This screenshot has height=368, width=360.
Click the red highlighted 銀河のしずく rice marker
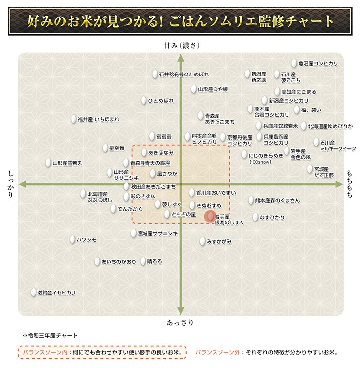point(210,217)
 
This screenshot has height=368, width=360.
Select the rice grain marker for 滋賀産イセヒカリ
point(34,292)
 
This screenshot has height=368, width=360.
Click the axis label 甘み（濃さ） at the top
point(181,45)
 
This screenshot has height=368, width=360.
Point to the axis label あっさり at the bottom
point(181,323)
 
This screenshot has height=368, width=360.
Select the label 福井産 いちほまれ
point(98,119)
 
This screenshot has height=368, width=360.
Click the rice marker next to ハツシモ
point(72,239)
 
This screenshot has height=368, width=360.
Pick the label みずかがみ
point(219,241)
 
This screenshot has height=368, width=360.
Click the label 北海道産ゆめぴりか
point(330,126)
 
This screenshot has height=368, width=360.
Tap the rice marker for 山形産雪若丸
point(48,162)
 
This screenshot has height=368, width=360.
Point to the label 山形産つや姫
point(213,89)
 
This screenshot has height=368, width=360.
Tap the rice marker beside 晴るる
point(143,261)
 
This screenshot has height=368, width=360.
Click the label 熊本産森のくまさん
point(277,201)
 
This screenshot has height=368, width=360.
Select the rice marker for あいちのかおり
point(98,261)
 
